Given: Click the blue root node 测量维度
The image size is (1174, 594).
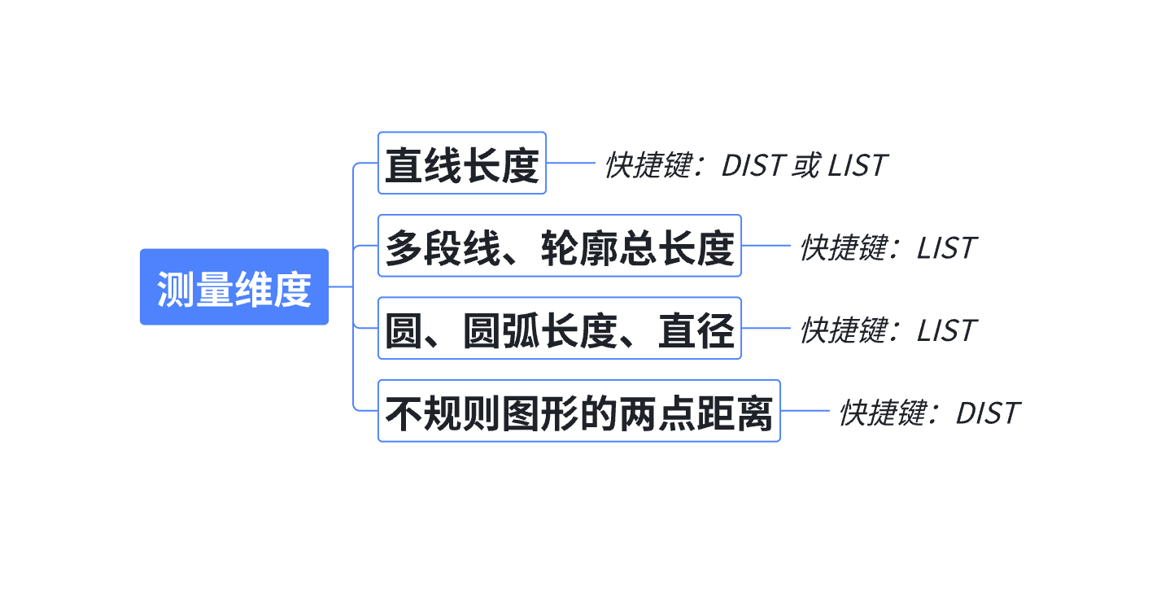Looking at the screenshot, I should pyautogui.click(x=234, y=287).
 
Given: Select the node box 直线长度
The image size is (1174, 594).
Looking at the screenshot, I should pyautogui.click(x=461, y=164).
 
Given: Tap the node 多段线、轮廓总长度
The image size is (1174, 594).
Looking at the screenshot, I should pyautogui.click(x=560, y=246).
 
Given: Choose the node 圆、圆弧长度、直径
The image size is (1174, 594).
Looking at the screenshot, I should pyautogui.click(x=560, y=328).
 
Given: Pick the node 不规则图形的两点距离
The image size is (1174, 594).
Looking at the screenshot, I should pyautogui.click(x=578, y=411).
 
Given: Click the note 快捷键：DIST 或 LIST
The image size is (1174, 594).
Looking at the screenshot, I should pyautogui.click(x=744, y=165).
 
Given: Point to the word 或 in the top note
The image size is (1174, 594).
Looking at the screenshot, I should pyautogui.click(x=806, y=165).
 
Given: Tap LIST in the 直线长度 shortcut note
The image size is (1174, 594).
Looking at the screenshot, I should pyautogui.click(x=857, y=165).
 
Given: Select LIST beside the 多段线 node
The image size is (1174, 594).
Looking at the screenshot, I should pyautogui.click(x=946, y=248).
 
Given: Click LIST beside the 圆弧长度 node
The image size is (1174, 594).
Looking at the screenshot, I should pyautogui.click(x=946, y=330).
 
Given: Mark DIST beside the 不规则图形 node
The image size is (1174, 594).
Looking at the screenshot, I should pyautogui.click(x=987, y=413).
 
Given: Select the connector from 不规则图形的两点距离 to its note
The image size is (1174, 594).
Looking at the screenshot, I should pyautogui.click(x=805, y=411).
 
